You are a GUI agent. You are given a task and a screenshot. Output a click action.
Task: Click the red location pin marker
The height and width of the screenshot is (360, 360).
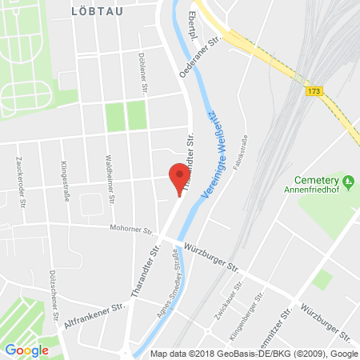[x=179, y=178]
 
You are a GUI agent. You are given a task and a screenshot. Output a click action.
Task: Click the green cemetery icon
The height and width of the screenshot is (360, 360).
[x=348, y=179]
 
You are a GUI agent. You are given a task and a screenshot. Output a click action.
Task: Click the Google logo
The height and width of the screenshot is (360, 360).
[x=26, y=350]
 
